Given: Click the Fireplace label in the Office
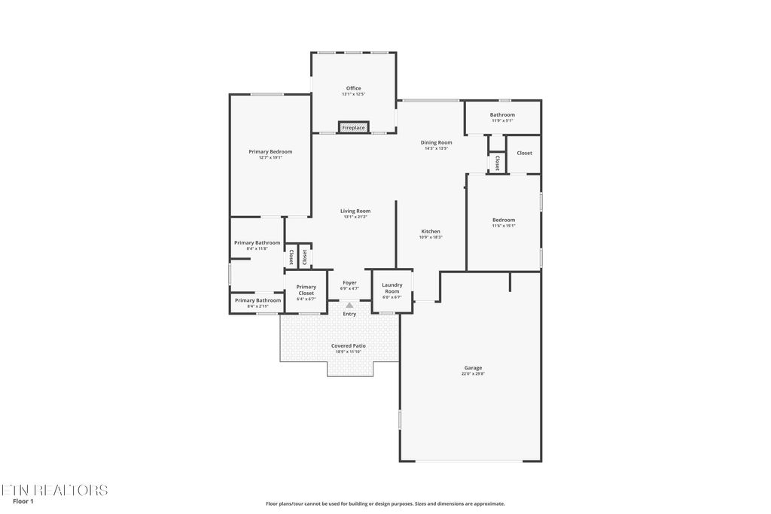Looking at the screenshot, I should [x=353, y=128].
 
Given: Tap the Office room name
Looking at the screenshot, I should [x=353, y=88].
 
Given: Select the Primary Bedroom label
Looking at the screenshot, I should [x=270, y=151].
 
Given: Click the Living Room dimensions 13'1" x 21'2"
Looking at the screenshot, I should [x=355, y=217].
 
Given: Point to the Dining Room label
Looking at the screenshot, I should [x=436, y=142].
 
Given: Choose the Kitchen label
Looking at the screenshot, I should [x=431, y=231].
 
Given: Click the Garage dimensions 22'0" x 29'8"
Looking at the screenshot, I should [x=473, y=374].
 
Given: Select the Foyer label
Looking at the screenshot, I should [x=349, y=282].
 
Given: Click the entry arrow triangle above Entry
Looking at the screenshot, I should [x=349, y=305].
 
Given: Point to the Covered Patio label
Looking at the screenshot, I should [x=349, y=345].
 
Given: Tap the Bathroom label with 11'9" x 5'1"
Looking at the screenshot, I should [x=502, y=114].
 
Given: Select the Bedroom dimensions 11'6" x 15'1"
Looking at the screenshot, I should [x=504, y=226].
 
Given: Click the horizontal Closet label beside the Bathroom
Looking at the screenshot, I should [x=524, y=153].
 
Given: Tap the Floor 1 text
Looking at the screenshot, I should [x=24, y=501].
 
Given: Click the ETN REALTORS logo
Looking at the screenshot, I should [x=54, y=490].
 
